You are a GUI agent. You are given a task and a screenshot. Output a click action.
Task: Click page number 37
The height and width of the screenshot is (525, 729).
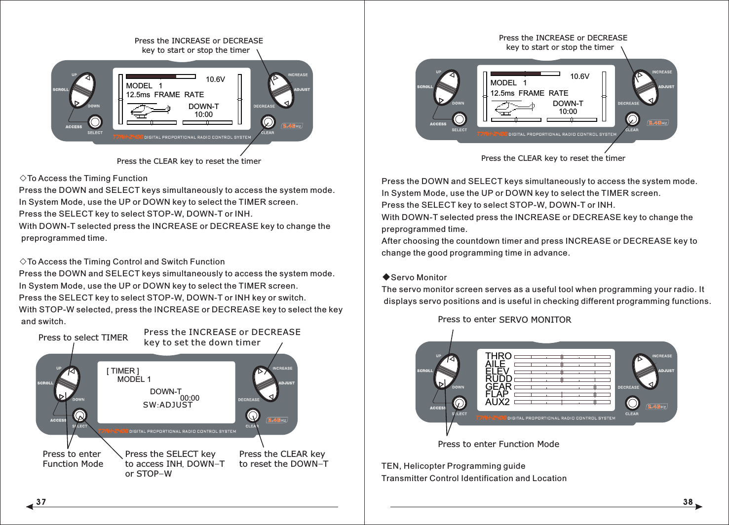(x=41, y=502)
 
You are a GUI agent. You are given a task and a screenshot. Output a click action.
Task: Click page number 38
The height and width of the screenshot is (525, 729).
(x=688, y=502)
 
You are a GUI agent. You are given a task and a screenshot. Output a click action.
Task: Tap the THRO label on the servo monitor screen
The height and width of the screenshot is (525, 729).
(x=498, y=356)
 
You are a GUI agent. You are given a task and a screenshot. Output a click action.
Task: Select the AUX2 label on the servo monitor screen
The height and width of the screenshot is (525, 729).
(x=497, y=402)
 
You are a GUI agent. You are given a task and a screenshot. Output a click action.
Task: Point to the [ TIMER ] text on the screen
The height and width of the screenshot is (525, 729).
(x=123, y=371)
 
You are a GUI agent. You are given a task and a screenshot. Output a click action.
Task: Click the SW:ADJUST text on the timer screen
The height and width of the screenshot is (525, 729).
(x=167, y=405)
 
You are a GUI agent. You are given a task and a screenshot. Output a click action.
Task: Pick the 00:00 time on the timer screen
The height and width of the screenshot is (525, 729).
(x=190, y=398)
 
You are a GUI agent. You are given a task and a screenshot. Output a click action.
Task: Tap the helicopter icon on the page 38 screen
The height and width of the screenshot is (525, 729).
(x=513, y=108)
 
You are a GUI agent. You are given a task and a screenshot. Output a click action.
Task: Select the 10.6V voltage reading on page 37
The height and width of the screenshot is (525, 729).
(x=215, y=79)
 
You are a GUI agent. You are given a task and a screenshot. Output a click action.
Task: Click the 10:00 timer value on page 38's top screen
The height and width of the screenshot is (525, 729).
(x=568, y=112)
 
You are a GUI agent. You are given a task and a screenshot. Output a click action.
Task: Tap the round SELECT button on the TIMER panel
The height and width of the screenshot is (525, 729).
(x=79, y=415)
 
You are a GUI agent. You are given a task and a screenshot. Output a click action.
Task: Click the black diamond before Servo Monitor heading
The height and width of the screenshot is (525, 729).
(x=386, y=277)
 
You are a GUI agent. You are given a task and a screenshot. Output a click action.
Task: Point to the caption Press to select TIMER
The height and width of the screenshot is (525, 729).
(x=83, y=337)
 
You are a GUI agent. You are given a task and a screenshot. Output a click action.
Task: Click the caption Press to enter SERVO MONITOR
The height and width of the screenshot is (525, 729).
(x=504, y=320)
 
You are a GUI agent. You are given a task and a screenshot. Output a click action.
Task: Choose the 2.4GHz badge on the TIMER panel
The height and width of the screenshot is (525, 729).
(x=277, y=420)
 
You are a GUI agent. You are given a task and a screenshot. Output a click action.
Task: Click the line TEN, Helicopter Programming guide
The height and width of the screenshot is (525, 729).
(x=453, y=466)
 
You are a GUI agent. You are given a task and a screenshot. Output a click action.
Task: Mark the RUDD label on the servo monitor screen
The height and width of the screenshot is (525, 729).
(x=499, y=379)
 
